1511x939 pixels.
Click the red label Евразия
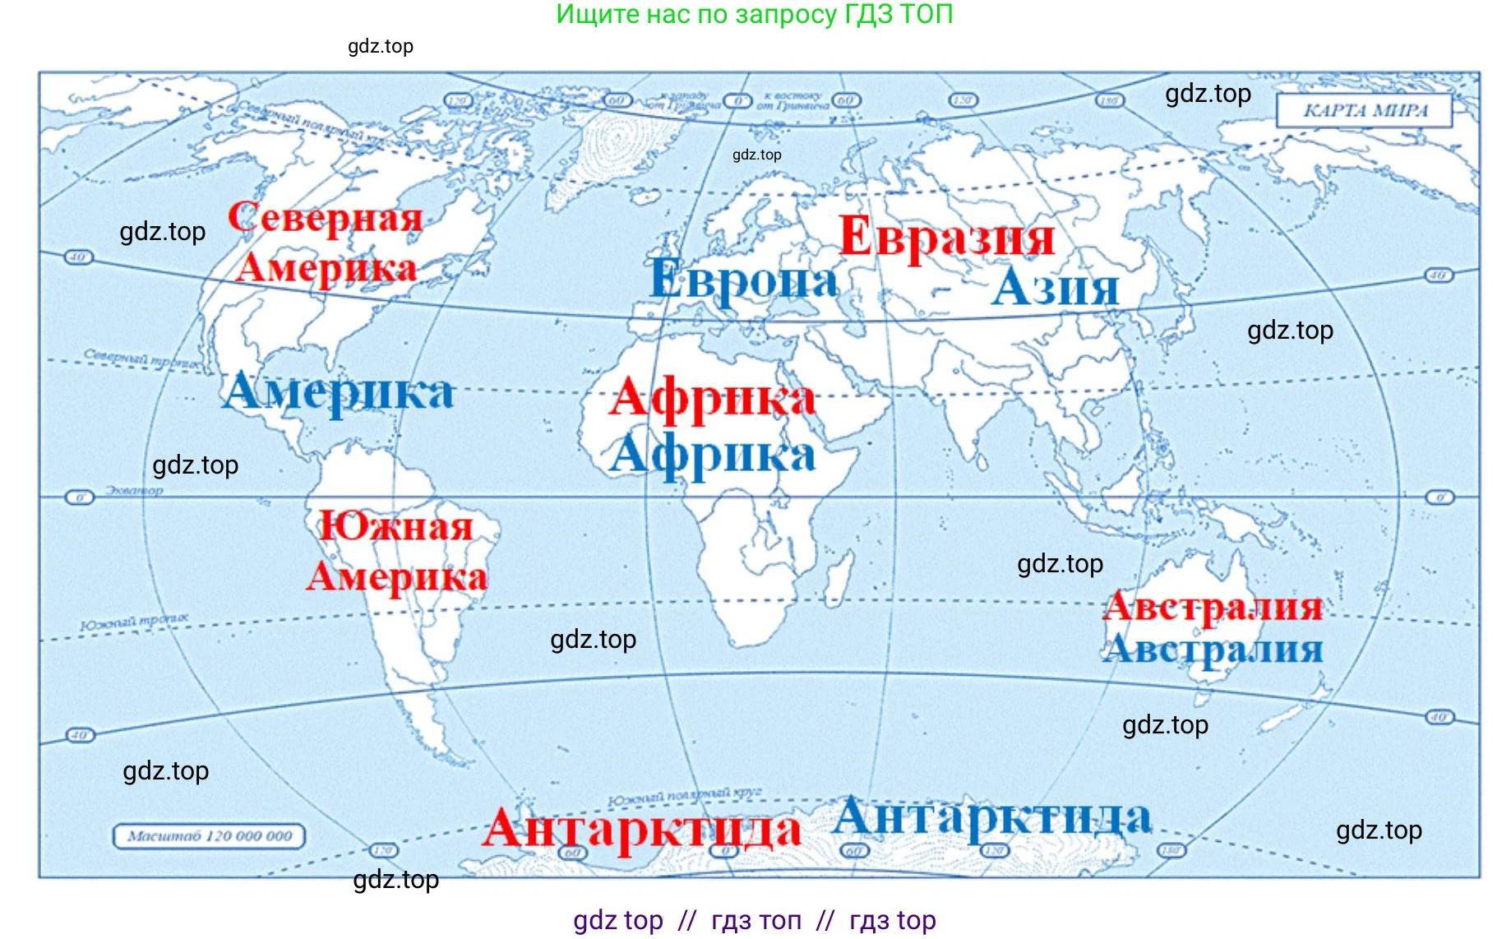click(946, 238)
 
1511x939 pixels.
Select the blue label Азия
click(1056, 289)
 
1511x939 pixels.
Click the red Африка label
click(712, 399)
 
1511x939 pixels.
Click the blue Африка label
click(712, 455)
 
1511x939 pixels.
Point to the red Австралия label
click(1213, 608)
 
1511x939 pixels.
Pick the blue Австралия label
click(1213, 650)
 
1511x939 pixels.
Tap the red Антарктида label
click(641, 829)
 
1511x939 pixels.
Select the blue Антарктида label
click(991, 819)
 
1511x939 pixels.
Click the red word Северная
click(326, 218)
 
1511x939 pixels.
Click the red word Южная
click(395, 526)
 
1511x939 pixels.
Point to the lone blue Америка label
click(338, 392)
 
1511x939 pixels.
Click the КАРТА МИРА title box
click(1365, 111)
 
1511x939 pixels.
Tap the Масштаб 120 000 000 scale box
click(209, 836)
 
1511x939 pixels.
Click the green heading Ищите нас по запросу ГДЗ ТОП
click(754, 14)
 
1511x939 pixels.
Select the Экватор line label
click(134, 491)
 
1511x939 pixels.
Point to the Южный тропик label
click(134, 622)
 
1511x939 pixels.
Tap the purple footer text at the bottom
click(754, 920)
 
